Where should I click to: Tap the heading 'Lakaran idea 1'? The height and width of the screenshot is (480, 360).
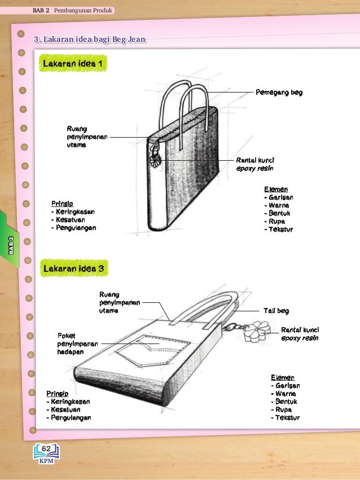(x=72, y=63)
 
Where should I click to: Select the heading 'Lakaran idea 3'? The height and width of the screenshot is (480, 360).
(x=72, y=268)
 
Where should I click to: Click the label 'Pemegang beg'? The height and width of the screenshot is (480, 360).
(x=279, y=92)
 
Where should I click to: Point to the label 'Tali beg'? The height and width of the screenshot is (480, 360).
(x=276, y=311)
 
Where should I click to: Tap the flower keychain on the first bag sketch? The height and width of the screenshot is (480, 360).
(x=153, y=159)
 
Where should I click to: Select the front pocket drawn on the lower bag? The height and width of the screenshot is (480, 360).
(x=146, y=350)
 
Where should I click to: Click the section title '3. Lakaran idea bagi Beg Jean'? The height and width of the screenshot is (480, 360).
(x=90, y=39)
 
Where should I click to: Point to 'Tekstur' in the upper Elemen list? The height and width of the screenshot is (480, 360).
(x=280, y=230)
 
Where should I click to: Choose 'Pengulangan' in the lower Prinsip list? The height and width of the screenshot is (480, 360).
(x=69, y=418)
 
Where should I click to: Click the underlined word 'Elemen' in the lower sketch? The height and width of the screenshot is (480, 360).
(x=282, y=377)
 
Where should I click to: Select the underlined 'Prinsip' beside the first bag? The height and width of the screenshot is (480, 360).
(x=62, y=203)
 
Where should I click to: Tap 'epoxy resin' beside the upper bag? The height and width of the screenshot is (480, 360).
(x=254, y=168)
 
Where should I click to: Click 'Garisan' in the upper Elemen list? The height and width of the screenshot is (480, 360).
(x=280, y=198)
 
